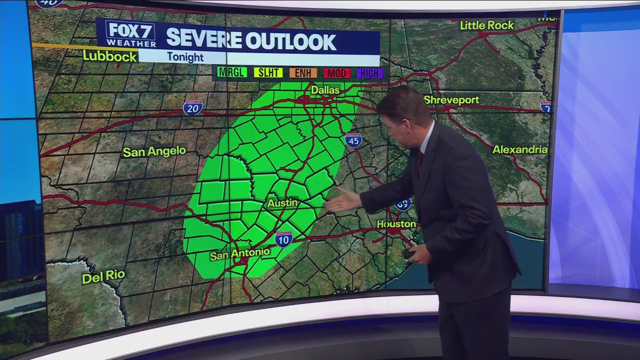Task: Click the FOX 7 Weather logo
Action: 130,34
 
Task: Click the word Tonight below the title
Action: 185,57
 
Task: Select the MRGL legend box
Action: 231,73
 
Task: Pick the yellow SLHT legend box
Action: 268,73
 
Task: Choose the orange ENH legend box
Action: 303,73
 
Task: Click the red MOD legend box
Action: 336,73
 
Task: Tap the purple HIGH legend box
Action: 369,73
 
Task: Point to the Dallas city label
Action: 325,90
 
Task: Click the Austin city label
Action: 282,203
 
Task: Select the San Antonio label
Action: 240,254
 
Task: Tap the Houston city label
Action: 396,224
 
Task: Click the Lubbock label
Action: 109,56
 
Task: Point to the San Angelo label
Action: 154,151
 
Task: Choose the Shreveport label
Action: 451,100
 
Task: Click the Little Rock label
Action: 486,25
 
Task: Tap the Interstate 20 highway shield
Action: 193,107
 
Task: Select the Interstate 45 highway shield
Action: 353,140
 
